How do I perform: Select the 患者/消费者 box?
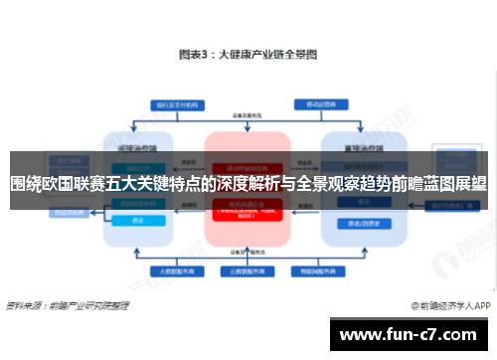pyautogui.click(x=355, y=222)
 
